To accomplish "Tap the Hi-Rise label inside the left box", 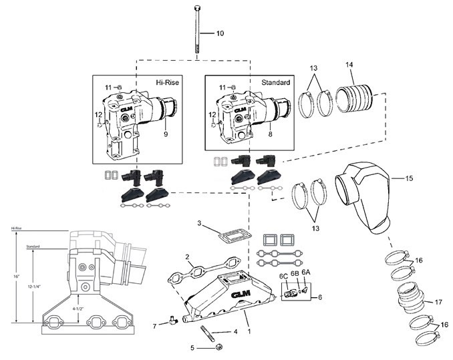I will click(167, 83).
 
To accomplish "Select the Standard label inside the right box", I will click(275, 83).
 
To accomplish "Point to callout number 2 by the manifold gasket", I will click(189, 256).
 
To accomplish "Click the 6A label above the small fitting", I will click(305, 273).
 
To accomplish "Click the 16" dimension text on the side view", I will click(15, 275).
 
